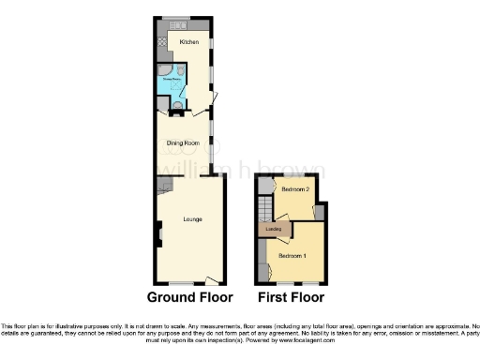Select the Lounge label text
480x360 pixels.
(x=192, y=218)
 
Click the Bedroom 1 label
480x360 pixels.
(x=293, y=255)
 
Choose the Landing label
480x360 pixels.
(x=275, y=229)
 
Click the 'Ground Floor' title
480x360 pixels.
(x=190, y=297)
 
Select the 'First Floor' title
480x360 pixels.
(x=291, y=297)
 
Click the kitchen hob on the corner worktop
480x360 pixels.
(x=162, y=42)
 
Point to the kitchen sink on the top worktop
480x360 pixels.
(x=174, y=25)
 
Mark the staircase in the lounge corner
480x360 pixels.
(x=164, y=185)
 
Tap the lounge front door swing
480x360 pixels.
(x=213, y=278)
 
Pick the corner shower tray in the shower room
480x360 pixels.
(x=164, y=74)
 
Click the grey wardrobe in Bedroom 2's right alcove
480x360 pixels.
(x=319, y=213)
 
